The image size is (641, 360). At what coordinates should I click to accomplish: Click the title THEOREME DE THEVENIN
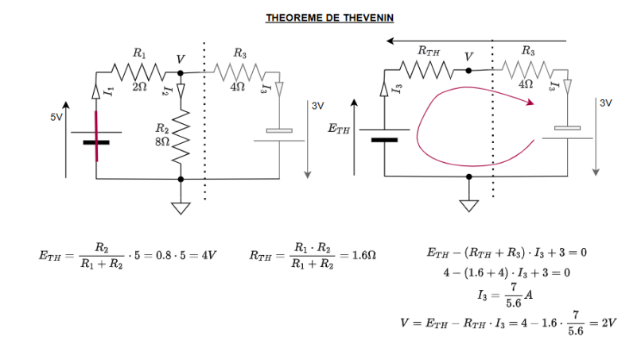(319, 17)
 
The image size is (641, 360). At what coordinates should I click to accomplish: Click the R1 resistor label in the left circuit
(139, 54)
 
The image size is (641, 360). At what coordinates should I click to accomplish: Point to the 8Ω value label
(162, 141)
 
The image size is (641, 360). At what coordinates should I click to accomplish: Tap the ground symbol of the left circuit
(181, 208)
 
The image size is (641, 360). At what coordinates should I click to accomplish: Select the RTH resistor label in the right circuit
(428, 51)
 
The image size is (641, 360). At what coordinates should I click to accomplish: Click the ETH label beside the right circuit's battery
(339, 127)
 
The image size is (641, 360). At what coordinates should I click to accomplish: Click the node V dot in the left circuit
(181, 72)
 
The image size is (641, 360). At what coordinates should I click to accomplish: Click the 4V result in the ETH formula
(210, 255)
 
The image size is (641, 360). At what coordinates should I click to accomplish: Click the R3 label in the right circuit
(527, 51)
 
